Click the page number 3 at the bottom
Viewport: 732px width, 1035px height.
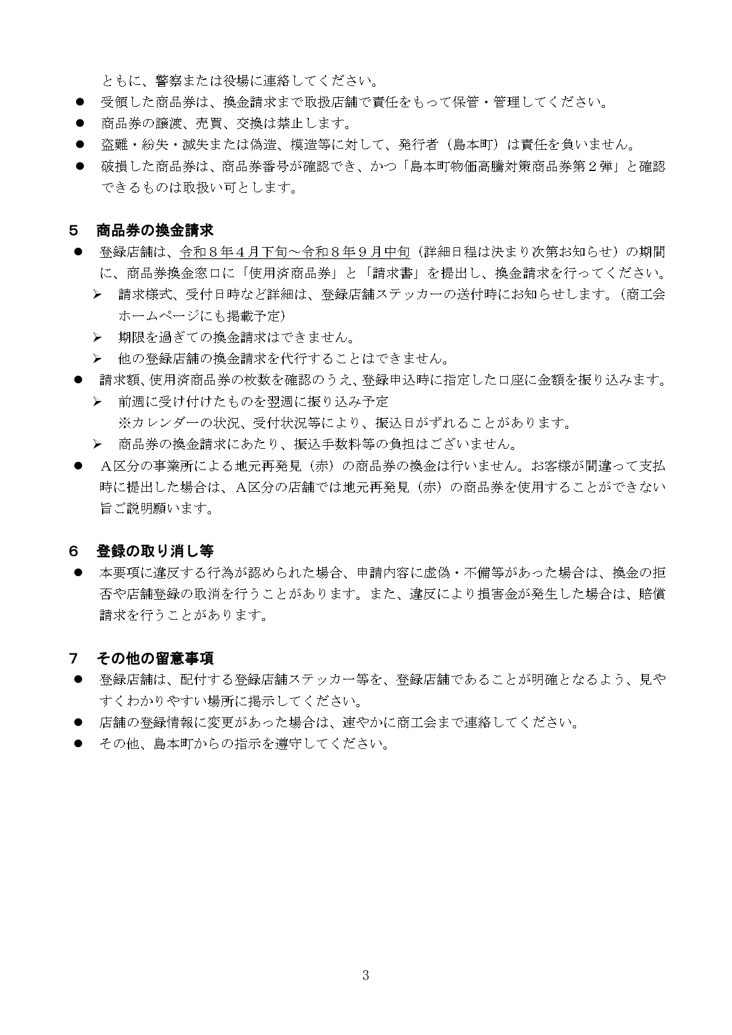[366, 975]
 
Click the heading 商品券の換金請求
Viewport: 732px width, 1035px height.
[155, 230]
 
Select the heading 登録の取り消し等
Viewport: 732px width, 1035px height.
[155, 551]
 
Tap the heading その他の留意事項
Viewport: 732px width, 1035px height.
[155, 658]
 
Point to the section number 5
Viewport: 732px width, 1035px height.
[74, 230]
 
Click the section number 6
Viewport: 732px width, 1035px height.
[74, 551]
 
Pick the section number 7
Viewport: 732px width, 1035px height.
[74, 658]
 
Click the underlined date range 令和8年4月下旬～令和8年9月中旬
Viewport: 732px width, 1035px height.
[295, 252]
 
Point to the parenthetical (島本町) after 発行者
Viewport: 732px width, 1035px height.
[471, 145]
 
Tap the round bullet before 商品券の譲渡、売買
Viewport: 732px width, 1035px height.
[80, 124]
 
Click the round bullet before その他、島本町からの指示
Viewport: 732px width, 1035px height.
[78, 744]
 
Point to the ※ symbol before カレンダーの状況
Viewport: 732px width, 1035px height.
[124, 423]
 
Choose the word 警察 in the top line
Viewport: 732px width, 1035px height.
[168, 81]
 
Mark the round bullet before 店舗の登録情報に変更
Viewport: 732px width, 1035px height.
[78, 722]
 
